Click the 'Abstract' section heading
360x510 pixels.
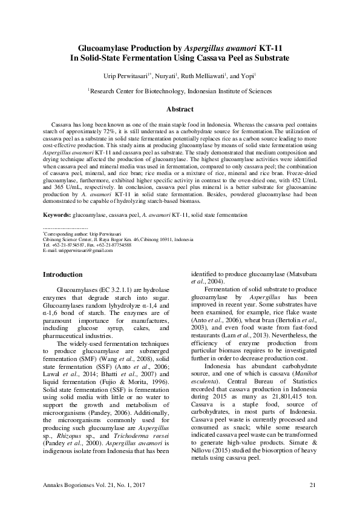[180, 110]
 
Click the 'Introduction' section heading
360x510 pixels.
[62, 274]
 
